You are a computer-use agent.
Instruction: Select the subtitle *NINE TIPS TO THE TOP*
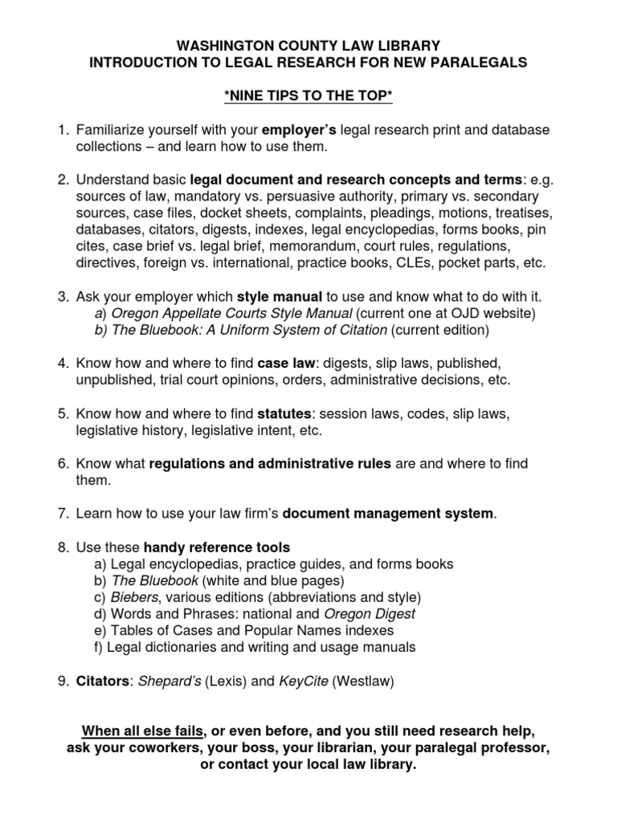308,96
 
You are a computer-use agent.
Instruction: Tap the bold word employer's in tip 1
304,130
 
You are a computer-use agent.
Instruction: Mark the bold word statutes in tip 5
283,414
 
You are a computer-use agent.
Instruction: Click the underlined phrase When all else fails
142,732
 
